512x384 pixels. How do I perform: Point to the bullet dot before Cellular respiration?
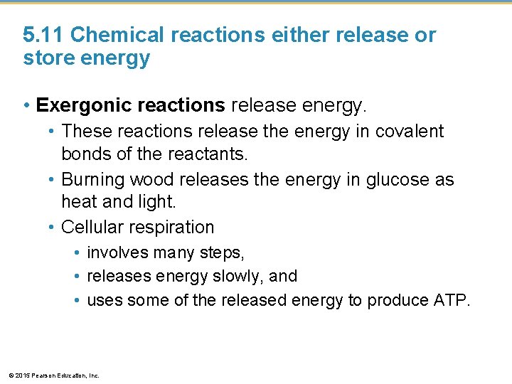[x=52, y=228]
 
